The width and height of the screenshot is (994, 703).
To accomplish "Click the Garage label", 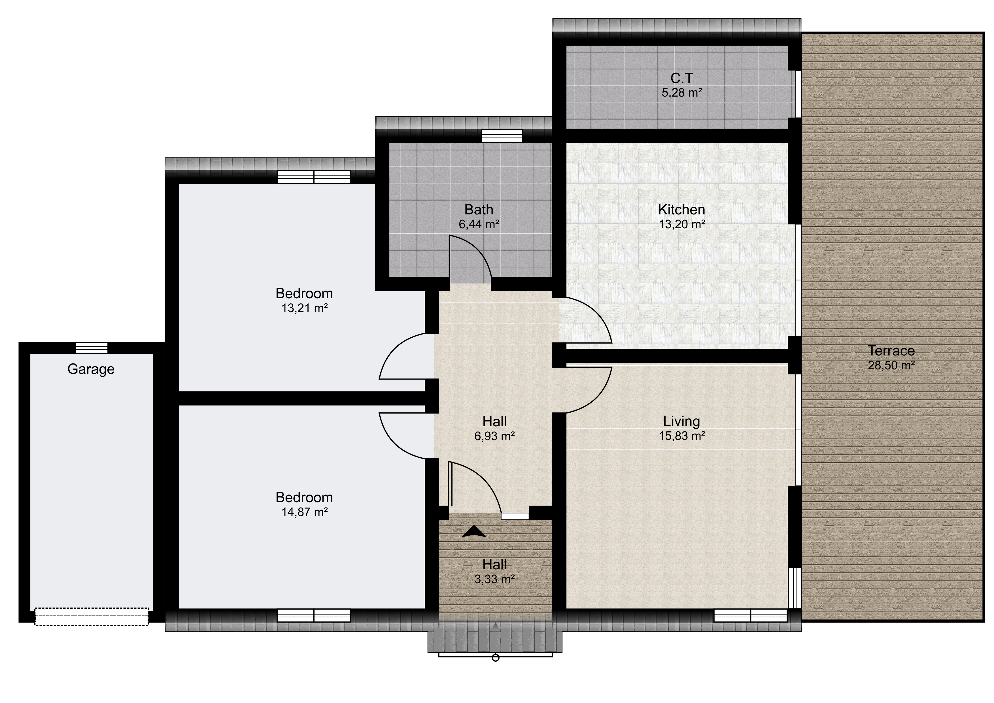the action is click(91, 369).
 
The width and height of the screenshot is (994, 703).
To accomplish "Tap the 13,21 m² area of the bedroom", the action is click(304, 308).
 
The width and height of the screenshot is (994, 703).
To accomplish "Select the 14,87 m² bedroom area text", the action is click(304, 512).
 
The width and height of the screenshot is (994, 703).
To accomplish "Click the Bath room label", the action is click(479, 210).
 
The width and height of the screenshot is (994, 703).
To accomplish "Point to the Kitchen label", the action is click(681, 210).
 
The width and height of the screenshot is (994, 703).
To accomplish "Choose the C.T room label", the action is click(681, 78).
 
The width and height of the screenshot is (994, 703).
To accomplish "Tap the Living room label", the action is click(681, 421).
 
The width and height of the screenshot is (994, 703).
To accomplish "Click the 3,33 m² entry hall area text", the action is click(494, 579).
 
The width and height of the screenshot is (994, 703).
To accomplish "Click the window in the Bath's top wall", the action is click(502, 136).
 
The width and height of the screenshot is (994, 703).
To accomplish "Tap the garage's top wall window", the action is click(92, 348).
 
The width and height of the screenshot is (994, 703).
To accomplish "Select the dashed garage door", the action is click(91, 616).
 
